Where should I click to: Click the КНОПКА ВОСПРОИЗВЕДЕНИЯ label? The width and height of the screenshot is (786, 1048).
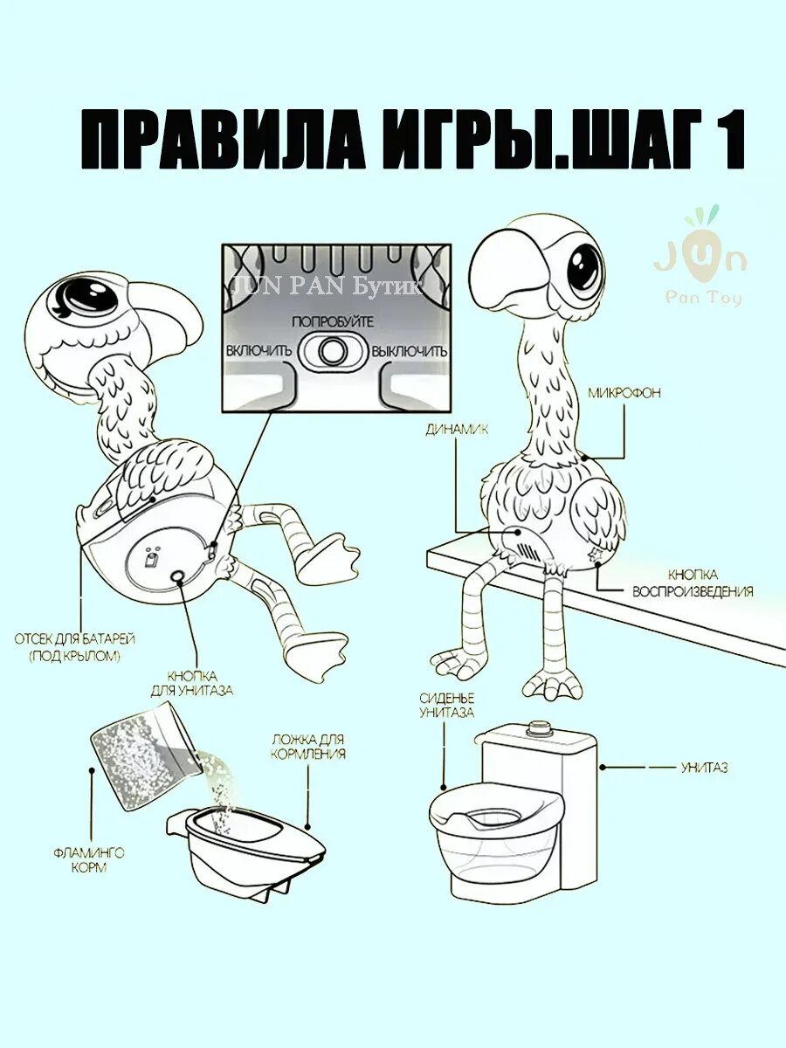point(693,583)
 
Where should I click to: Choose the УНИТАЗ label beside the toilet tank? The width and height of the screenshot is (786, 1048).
point(704,768)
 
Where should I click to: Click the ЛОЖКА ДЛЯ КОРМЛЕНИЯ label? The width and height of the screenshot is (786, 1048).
point(307,747)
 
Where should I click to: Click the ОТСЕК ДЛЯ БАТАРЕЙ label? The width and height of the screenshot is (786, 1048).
point(75,646)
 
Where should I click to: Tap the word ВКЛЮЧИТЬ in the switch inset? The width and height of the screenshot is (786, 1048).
point(258,351)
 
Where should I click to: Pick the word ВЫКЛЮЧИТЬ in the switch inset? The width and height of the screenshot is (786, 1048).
point(409,351)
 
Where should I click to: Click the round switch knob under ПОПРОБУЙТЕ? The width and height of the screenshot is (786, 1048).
point(331,351)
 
